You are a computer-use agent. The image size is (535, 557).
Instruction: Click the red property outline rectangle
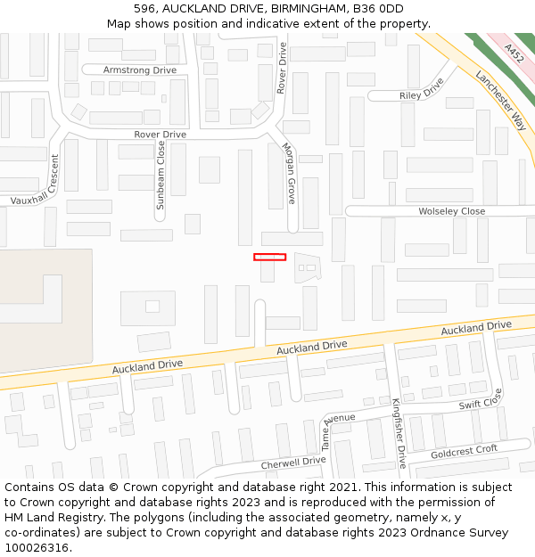click(x=269, y=257)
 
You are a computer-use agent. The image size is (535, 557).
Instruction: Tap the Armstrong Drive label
click(x=140, y=70)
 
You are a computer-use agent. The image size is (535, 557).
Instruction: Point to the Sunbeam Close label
click(x=160, y=175)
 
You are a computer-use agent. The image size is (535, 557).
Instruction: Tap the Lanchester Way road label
click(x=500, y=100)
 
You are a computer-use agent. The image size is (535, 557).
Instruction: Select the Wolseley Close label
click(x=452, y=211)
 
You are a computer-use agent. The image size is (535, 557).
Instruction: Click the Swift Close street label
click(x=481, y=399)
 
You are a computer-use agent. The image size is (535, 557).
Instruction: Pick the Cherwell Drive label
click(x=293, y=463)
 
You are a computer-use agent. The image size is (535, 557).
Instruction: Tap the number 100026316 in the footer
click(x=37, y=547)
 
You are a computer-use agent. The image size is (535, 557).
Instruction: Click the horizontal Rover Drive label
click(x=160, y=135)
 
